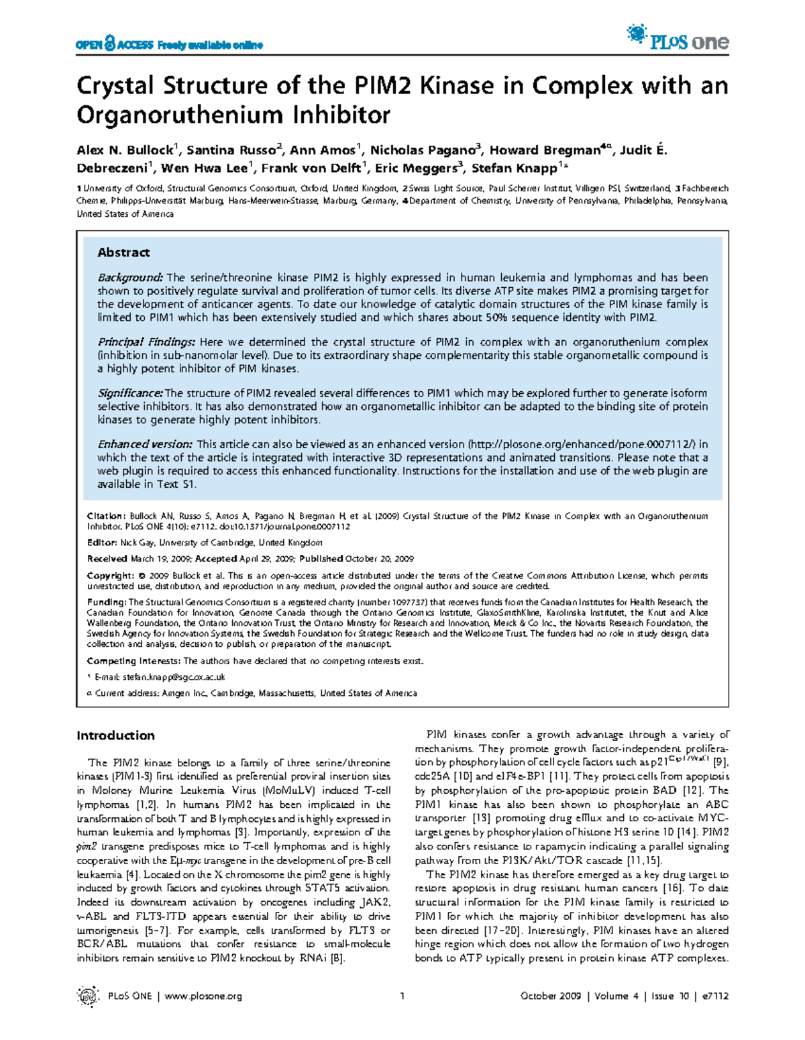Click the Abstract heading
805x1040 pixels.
click(x=123, y=252)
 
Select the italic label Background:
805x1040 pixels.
click(x=130, y=278)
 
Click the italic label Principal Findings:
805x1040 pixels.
click(x=146, y=342)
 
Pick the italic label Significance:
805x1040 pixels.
click(x=130, y=393)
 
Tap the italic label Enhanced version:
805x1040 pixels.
click(x=145, y=444)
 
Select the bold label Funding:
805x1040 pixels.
click(x=107, y=603)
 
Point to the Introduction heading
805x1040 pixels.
click(x=115, y=735)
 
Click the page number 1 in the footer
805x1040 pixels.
click(x=402, y=996)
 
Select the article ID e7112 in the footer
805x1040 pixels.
click(x=715, y=996)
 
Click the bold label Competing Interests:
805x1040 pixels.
click(x=134, y=661)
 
